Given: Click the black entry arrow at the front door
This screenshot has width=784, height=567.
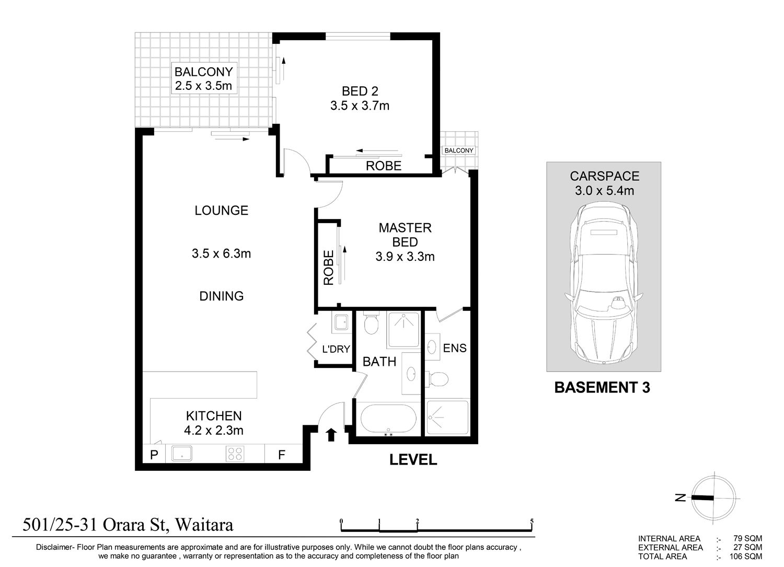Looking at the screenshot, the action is coord(331,435).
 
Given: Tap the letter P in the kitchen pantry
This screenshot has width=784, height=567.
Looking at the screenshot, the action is coord(154,455).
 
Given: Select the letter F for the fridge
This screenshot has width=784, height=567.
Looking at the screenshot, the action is coord(282,455).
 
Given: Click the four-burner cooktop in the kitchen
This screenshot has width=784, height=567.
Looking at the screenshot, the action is coord(235,454).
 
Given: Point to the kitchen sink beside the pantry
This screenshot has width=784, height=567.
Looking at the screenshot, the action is coord(182,454).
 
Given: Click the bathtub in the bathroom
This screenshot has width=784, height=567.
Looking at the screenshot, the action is coord(388,419).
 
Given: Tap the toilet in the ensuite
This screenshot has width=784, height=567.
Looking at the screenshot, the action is coord(437,379).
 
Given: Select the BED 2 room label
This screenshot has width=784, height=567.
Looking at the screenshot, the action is coord(360,91).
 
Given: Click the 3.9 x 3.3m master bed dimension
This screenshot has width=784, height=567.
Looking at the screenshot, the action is coord(405,257).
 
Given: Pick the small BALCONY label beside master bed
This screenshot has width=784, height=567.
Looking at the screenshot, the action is coord(458,151).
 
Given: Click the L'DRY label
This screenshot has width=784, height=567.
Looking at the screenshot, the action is coord(336,349).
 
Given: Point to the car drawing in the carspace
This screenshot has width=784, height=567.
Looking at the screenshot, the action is coord(604,284).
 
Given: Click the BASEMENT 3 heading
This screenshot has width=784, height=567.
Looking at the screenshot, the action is coord(602,387).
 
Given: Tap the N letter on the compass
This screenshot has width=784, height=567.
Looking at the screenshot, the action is coord(681,497).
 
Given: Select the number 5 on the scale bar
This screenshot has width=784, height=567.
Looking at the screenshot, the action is coord(532,521).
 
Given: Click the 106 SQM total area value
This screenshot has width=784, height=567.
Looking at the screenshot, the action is coord(745,557).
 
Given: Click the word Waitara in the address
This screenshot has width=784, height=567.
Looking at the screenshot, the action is coord(204,525).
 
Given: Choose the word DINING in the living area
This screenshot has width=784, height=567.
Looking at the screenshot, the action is coord(221,296).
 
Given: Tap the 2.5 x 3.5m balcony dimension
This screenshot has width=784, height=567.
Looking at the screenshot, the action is coord(203,85).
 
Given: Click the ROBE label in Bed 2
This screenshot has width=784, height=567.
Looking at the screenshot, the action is coord(384,166).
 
